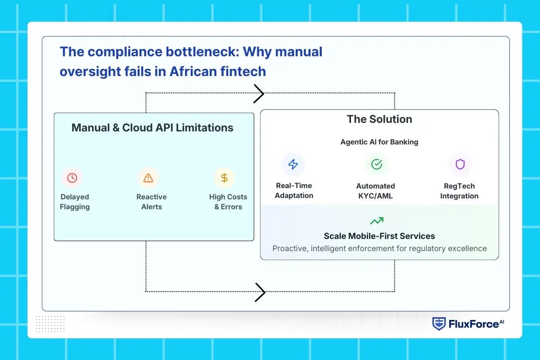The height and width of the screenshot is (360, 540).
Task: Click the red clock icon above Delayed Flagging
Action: (x=72, y=178)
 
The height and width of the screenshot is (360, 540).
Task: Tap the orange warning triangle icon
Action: (x=148, y=178)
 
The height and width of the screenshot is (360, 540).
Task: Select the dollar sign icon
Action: (x=224, y=178)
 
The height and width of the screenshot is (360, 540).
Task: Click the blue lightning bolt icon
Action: (x=293, y=164)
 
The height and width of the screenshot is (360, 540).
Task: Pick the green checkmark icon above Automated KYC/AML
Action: (x=376, y=164)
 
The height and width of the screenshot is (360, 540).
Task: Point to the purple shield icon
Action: (x=460, y=164)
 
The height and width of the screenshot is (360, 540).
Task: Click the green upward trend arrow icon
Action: (x=377, y=221)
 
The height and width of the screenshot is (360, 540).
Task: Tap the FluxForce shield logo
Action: (x=439, y=324)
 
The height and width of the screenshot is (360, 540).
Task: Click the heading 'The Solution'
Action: (x=379, y=119)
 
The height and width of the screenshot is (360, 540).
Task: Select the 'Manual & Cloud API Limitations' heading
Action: (x=152, y=128)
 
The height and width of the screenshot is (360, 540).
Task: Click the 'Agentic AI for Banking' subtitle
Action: (x=379, y=142)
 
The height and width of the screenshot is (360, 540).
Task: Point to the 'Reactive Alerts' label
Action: (x=152, y=202)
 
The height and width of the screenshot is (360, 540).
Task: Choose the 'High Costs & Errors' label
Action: (x=228, y=202)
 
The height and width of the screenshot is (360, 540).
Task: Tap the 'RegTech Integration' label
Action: (x=459, y=191)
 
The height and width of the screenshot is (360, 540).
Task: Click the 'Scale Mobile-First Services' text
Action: (x=379, y=236)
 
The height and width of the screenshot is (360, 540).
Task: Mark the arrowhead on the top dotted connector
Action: (x=259, y=94)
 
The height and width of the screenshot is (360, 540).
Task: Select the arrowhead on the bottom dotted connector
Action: (x=260, y=292)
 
